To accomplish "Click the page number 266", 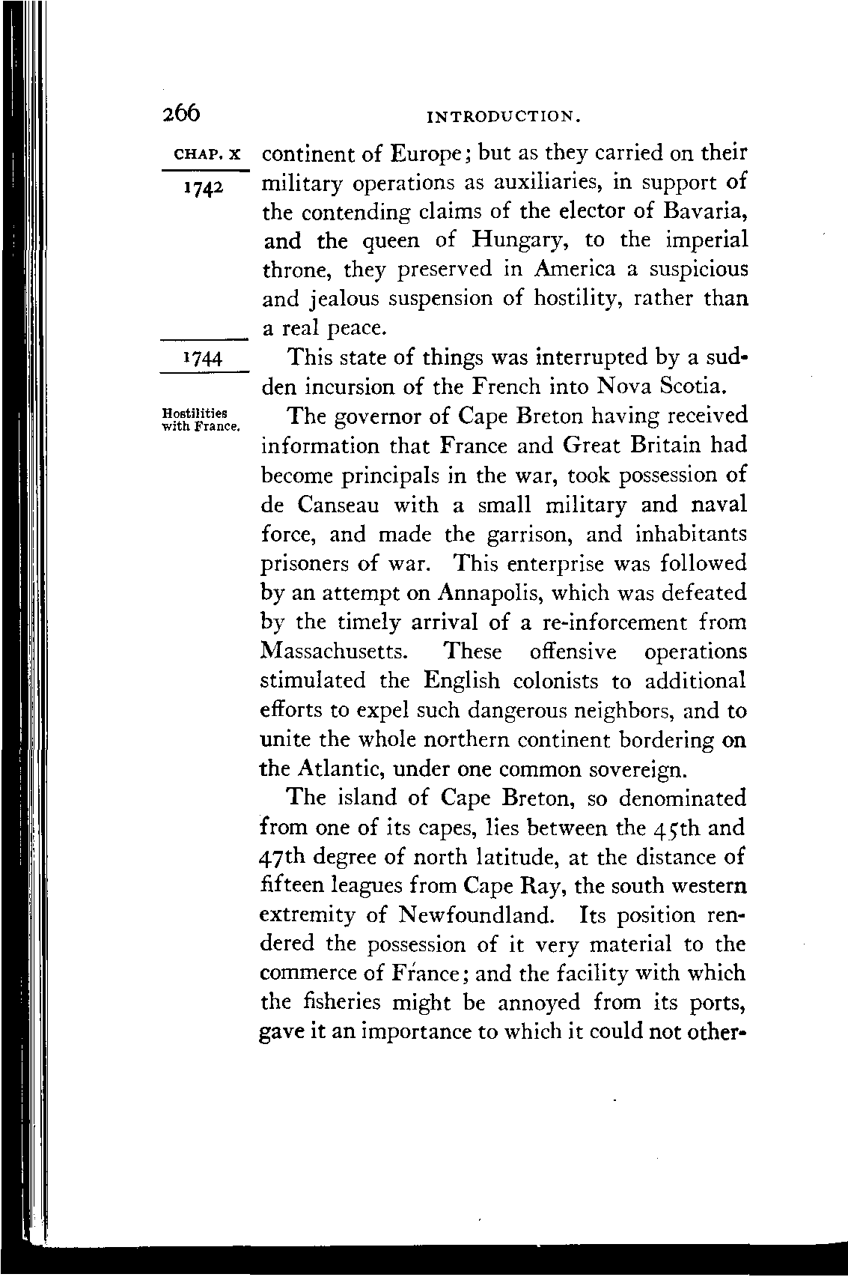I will pos(180,112).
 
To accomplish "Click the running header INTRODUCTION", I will pos(502,116).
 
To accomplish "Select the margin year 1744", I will pos(202,360).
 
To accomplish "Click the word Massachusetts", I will pos(333,652).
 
